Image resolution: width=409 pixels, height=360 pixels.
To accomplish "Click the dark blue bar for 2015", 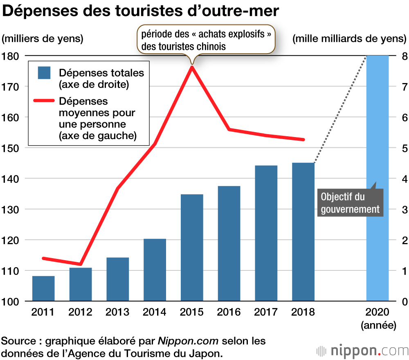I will coord(192,248).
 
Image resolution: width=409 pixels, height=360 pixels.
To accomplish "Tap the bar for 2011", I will coord(43,288).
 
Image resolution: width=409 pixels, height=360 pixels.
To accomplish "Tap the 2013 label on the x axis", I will coord(117,312).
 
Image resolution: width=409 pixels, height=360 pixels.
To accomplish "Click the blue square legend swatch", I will coord(44,73).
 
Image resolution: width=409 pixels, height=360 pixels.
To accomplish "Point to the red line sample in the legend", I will coord(43,100).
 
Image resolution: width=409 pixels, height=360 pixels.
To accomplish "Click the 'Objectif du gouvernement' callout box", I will coord(350,203).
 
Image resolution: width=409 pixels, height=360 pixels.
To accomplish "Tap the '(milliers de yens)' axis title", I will coord(43,39).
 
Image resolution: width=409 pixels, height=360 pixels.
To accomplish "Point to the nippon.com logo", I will coord(362,351).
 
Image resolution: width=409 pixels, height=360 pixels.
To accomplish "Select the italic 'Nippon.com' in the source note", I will coord(188,340).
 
